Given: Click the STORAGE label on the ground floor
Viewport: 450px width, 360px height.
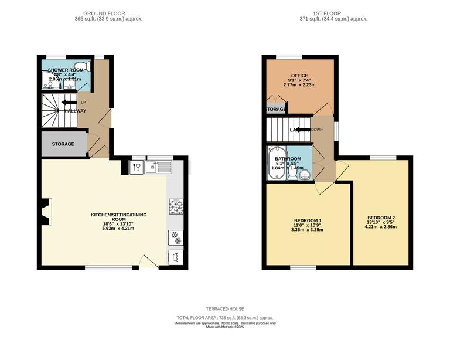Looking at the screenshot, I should [63, 144].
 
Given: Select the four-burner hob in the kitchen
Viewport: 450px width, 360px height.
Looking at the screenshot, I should [176, 207].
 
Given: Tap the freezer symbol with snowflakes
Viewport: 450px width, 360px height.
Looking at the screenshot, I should [176, 237].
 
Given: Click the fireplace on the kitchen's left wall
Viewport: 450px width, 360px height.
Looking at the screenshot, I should [46, 212].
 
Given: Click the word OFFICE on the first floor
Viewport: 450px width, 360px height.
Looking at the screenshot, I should [299, 76].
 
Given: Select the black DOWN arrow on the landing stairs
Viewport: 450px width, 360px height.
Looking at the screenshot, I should [301, 130].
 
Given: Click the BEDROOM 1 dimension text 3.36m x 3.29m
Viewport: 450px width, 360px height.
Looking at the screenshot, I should [308, 230].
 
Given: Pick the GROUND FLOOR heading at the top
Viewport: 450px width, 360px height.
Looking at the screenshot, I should [104, 13].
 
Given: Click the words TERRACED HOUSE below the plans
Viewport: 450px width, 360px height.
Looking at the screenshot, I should [225, 309].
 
